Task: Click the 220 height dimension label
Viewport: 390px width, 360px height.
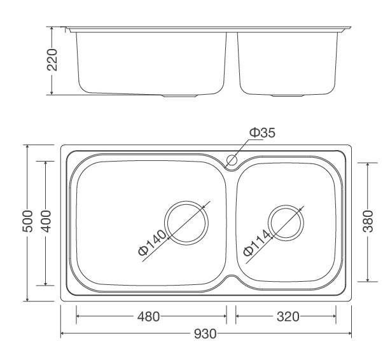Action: [54, 60]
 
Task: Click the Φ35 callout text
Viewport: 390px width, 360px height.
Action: [261, 132]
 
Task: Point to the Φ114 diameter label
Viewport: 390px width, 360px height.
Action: [258, 243]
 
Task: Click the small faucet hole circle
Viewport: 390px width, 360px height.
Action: [232, 160]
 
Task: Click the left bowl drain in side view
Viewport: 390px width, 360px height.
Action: [181, 95]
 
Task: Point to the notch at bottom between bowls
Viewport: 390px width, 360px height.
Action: [232, 280]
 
